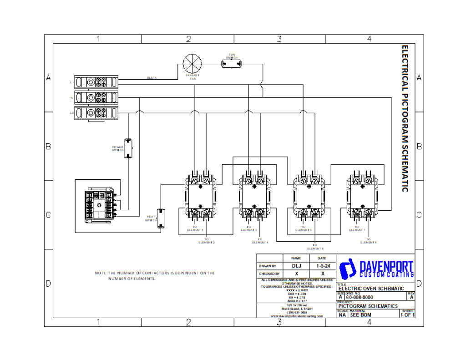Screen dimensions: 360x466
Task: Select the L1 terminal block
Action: click(x=96, y=82)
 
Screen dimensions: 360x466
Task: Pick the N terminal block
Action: click(x=96, y=97)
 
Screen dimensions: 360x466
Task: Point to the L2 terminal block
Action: click(x=96, y=112)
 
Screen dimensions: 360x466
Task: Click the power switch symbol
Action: click(x=128, y=147)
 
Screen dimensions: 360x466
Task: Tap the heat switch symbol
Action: click(x=160, y=218)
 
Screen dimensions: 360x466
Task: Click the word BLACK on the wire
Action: click(x=152, y=78)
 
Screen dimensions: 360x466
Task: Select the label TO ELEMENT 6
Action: click(x=315, y=247)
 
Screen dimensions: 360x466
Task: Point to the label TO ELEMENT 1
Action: click(x=195, y=228)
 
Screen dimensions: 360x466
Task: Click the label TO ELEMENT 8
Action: click(x=368, y=241)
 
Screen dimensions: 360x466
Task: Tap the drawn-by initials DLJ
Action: click(x=296, y=266)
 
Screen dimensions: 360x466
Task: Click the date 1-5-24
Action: click(x=323, y=266)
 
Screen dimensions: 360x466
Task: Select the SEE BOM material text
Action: click(x=360, y=314)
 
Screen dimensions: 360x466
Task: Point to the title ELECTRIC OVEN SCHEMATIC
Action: click(x=371, y=289)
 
